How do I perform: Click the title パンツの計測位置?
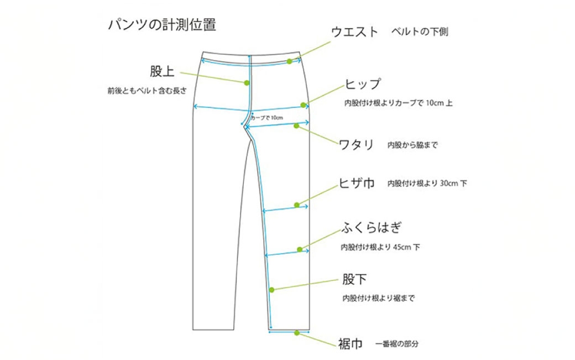[x=161, y=25]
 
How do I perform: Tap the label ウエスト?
[x=354, y=32]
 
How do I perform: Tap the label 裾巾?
[x=351, y=344]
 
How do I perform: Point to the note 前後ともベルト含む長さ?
[x=147, y=90]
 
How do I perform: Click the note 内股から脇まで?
[x=412, y=145]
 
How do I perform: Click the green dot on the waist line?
[x=289, y=61]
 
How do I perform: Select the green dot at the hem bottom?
[x=297, y=333]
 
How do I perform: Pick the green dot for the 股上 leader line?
[x=247, y=83]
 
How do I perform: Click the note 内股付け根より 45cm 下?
[x=380, y=247]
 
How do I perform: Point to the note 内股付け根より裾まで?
[x=378, y=299]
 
